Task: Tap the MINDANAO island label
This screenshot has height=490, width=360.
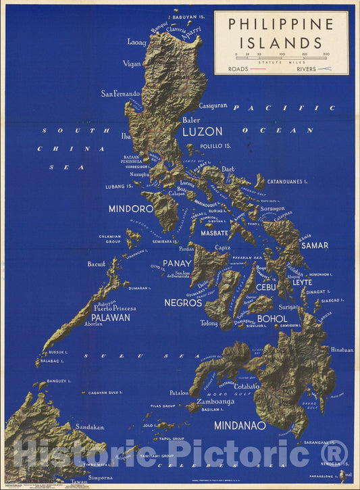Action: (240, 426)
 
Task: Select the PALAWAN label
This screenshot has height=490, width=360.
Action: (110, 316)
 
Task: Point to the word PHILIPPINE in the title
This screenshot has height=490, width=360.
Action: (281, 24)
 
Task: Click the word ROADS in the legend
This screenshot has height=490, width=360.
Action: (238, 69)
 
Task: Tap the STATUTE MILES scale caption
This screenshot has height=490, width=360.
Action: (281, 61)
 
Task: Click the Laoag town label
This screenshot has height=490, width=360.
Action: (136, 42)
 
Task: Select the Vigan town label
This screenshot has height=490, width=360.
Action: (132, 64)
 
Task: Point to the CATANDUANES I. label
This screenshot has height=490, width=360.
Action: (287, 182)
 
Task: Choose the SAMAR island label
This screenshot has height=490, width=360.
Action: (315, 245)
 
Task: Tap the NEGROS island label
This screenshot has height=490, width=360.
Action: (183, 303)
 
